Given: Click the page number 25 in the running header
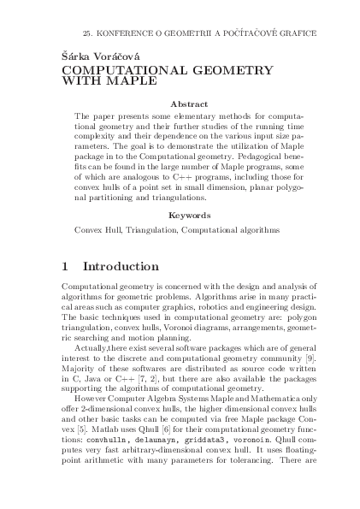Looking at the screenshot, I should tap(86, 32).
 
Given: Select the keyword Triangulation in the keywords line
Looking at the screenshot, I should tap(148, 230).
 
